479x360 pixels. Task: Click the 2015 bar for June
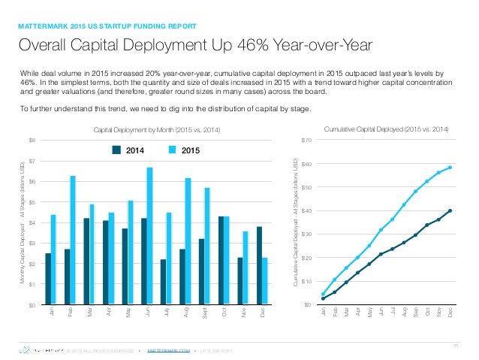pos(150,235)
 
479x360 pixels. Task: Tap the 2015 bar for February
pos(73,240)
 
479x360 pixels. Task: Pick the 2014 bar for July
pos(162,282)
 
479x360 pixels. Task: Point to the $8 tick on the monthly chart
pos(32,141)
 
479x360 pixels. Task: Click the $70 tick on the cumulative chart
pos(306,141)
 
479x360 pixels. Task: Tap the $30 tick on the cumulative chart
pos(306,234)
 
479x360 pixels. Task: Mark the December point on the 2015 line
pos(450,168)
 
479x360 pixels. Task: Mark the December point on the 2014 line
pos(450,210)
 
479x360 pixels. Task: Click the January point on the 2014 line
pos(323,298)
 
